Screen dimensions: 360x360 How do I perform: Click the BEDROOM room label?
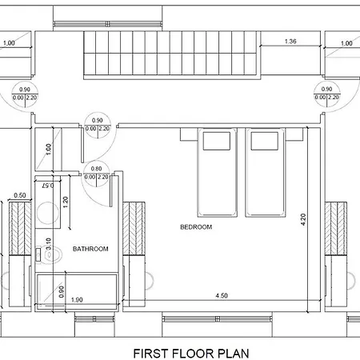[196, 227]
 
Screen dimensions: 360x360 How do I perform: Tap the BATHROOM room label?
[90, 249]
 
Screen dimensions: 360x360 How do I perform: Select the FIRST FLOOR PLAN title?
[191, 354]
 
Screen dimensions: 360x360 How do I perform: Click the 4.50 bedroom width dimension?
[222, 295]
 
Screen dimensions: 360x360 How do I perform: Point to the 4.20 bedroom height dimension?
[303, 219]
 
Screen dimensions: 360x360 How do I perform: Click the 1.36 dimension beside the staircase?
[290, 42]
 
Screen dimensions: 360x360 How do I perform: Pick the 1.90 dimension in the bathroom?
[77, 300]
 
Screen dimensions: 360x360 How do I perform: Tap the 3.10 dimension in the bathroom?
[48, 244]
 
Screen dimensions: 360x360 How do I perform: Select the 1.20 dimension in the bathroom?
[66, 202]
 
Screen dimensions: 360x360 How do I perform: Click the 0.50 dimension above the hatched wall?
[20, 195]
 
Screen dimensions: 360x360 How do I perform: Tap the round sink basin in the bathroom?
[48, 213]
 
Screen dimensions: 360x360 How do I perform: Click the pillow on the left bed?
[217, 141]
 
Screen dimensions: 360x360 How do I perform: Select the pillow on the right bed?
[265, 141]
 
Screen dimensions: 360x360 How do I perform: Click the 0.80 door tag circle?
[96, 174]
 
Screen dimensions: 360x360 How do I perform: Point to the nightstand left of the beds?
[189, 134]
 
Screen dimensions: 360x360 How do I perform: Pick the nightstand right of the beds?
[294, 134]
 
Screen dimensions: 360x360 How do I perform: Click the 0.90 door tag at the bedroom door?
[98, 125]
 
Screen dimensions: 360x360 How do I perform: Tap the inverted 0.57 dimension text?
[48, 186]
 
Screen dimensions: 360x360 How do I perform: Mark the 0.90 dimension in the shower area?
[62, 291]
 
